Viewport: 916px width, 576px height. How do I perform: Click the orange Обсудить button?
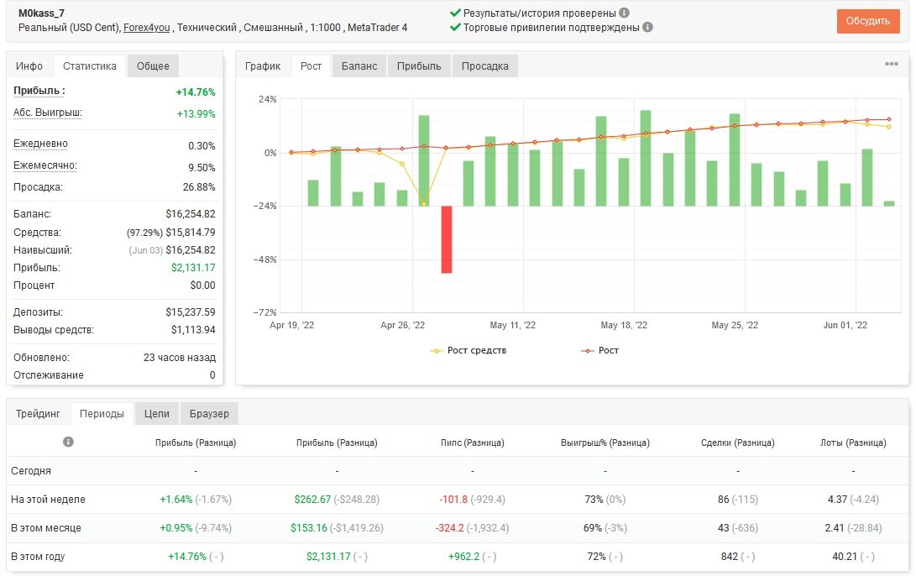coord(867,21)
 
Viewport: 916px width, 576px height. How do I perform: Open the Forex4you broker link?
coord(147,28)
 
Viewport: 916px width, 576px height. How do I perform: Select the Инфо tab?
coord(29,66)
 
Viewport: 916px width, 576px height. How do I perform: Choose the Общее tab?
coord(153,66)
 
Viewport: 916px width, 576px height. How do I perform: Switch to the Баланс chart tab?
coord(359,66)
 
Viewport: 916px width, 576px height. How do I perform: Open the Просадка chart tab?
coord(485,66)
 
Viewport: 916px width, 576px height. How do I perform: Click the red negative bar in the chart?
coord(447,239)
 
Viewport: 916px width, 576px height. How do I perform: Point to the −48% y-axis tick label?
coord(264,259)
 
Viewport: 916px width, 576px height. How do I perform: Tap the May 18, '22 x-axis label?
coord(624,326)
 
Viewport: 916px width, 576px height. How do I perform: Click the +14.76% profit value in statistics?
coord(196,92)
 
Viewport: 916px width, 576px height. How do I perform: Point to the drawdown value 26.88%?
coord(199,187)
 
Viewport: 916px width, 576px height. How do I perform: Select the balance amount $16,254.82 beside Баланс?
coord(191,214)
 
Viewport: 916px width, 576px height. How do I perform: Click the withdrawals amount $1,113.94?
coord(193,329)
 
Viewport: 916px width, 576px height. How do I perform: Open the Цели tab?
coord(156,414)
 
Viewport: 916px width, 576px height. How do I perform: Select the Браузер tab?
coord(209,414)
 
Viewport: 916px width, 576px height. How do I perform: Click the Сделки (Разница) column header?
coord(738,442)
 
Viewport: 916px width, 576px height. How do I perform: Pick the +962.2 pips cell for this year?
coord(463,556)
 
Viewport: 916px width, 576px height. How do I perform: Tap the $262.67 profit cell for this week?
coord(312,500)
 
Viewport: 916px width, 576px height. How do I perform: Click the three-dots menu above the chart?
coord(892,64)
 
